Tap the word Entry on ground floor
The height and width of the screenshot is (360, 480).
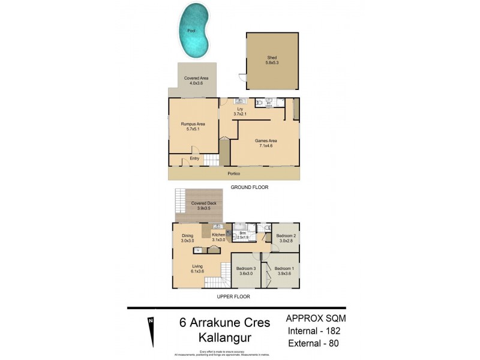tap(194, 158)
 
